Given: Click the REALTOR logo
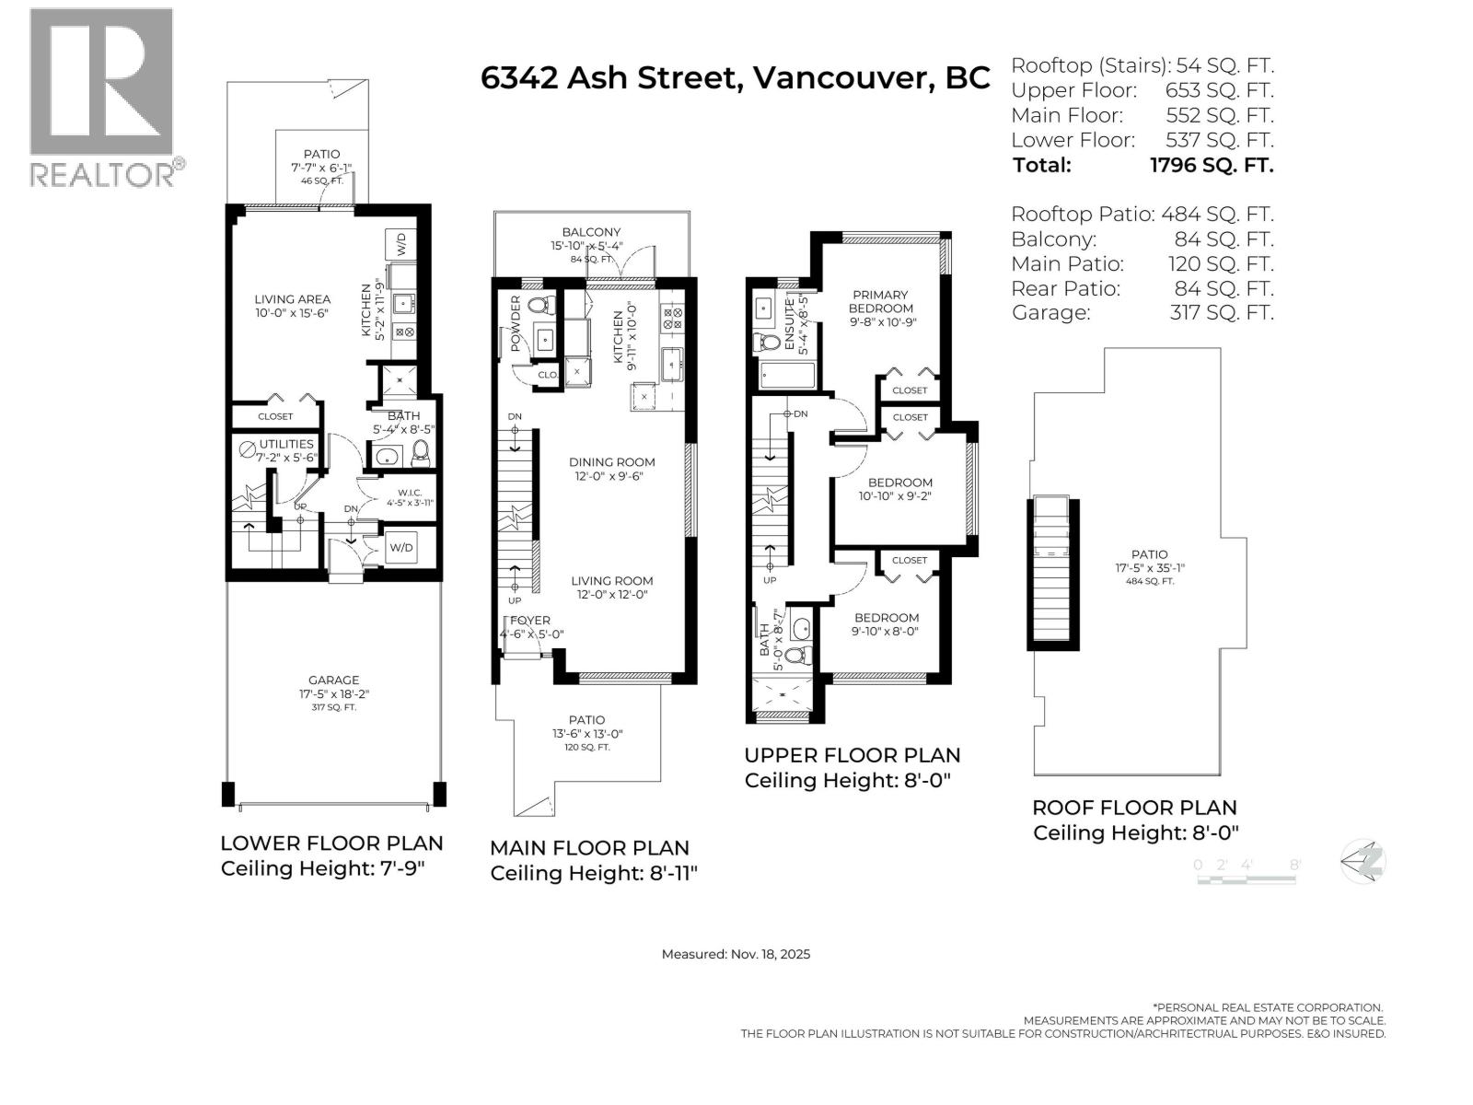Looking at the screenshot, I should (x=102, y=97).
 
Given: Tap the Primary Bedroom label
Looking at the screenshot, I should (x=880, y=302).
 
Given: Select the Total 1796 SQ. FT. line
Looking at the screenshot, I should (x=1142, y=166).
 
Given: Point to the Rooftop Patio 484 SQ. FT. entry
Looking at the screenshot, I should (x=1142, y=215).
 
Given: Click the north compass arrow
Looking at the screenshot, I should (x=1363, y=862).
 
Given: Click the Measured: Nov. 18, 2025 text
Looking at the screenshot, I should (x=736, y=954).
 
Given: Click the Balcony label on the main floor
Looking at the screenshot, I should (x=591, y=232).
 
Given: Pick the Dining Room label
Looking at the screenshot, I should (x=611, y=462).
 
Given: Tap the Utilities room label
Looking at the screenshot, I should (x=286, y=444).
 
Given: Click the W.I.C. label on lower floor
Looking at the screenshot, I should (x=409, y=492).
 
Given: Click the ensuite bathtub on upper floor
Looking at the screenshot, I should (x=787, y=376).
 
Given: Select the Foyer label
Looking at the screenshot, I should (x=530, y=621).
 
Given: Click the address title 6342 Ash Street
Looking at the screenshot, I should (x=735, y=78).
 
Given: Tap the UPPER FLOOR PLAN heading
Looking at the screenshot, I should (x=852, y=755).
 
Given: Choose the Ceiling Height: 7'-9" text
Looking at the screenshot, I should (x=321, y=868).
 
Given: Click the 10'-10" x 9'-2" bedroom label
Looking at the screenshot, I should (x=899, y=489).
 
